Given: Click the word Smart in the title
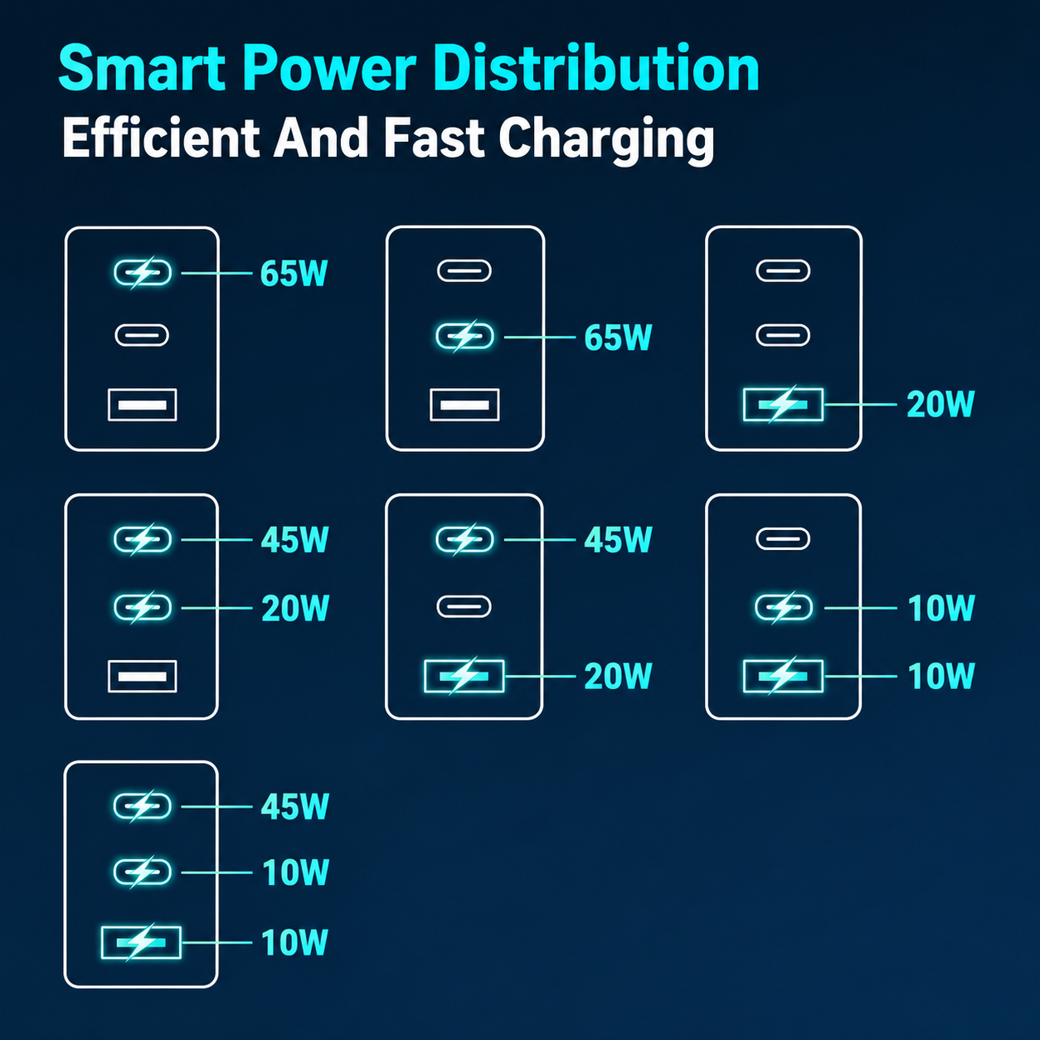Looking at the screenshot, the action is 142,69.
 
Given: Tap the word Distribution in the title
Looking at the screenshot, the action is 596,68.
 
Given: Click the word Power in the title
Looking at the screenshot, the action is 330,69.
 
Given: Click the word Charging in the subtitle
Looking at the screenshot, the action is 606,140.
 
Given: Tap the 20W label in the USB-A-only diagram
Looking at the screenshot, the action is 940,404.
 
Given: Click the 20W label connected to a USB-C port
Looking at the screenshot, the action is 295,608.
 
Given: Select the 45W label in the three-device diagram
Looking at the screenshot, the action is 294,807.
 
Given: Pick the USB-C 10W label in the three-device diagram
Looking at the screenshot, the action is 295,872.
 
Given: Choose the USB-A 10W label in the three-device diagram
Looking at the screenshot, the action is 294,942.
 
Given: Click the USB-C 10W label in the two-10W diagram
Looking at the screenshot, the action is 940,608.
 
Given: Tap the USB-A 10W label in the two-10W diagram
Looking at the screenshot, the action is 940,676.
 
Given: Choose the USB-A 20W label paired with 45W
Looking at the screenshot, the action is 618,676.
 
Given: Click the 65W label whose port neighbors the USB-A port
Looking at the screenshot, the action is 618,338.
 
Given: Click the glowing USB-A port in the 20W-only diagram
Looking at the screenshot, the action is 783,404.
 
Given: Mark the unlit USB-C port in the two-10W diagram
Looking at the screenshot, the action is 783,538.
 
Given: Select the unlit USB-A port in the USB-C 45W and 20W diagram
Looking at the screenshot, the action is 142,676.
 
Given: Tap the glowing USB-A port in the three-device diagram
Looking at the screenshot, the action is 141,943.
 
